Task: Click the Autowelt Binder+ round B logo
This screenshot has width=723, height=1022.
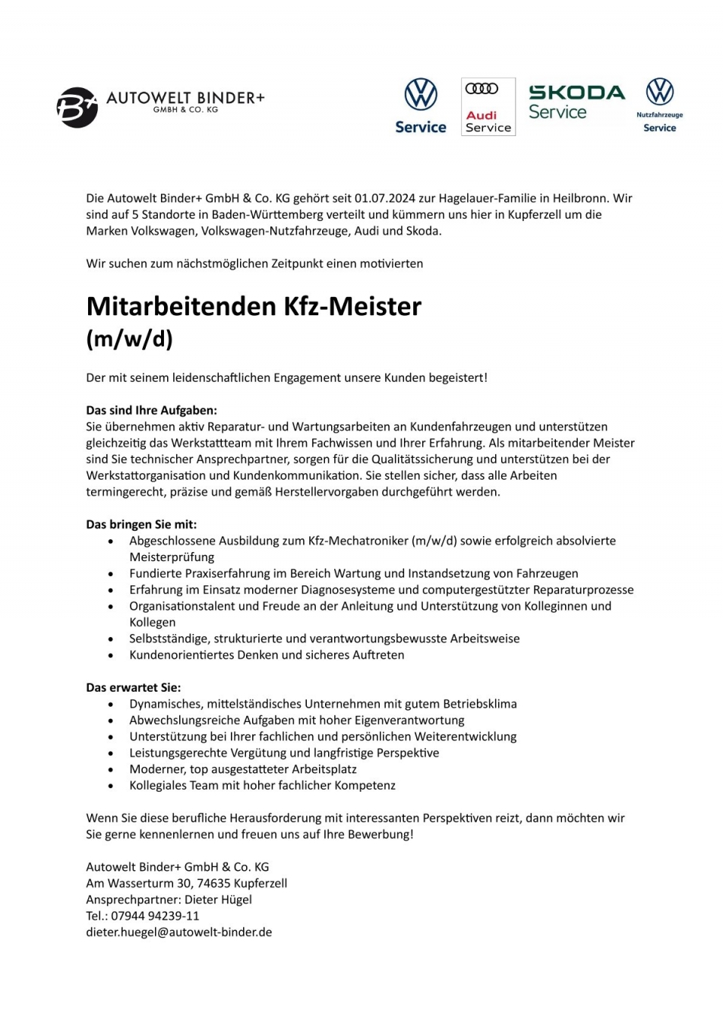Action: (x=77, y=107)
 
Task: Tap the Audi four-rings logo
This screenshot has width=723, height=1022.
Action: (x=481, y=89)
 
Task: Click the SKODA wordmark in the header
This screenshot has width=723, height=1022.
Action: (x=576, y=93)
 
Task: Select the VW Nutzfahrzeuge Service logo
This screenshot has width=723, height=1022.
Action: (x=659, y=105)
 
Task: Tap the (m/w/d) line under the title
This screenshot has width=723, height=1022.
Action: (x=130, y=338)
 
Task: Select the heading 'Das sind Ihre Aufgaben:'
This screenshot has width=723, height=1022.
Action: (x=151, y=410)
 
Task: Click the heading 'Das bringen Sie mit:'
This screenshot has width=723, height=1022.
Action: (x=141, y=524)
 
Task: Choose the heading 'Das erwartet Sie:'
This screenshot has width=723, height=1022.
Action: (x=134, y=687)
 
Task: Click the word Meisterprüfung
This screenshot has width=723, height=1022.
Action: (x=172, y=557)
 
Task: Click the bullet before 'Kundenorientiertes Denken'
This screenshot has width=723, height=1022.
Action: (x=112, y=655)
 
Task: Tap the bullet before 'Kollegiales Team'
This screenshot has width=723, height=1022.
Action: (x=112, y=786)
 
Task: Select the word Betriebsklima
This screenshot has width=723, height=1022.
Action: (x=480, y=704)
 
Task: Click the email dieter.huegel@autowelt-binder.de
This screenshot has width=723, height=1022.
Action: (x=178, y=932)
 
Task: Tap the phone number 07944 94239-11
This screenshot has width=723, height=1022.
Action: (x=155, y=916)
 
